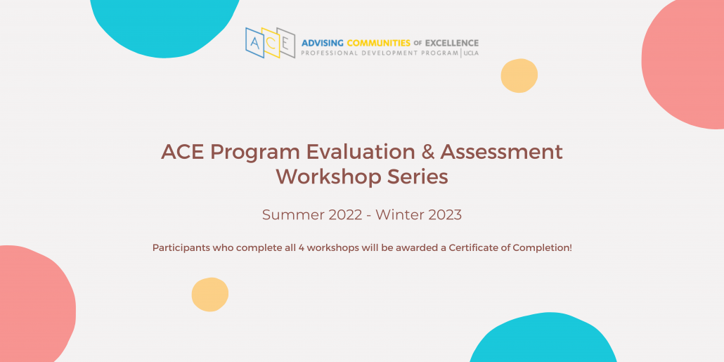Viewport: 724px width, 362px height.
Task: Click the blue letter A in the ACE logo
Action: point(254,43)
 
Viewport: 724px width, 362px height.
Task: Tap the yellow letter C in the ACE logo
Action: point(271,42)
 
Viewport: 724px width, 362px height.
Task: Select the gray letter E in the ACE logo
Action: point(286,44)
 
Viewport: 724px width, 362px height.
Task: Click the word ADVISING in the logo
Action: point(323,44)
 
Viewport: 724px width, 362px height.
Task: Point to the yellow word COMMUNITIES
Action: point(379,44)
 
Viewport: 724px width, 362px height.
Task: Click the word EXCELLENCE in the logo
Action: point(451,44)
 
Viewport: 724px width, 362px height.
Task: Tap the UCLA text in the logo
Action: point(472,53)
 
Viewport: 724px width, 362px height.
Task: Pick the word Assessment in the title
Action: point(501,153)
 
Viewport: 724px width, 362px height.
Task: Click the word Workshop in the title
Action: point(329,177)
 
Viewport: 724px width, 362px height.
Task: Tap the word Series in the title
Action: point(418,177)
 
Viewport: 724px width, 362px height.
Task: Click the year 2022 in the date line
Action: point(345,214)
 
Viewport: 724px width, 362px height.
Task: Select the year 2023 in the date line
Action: point(444,214)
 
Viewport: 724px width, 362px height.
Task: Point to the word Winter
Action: point(399,214)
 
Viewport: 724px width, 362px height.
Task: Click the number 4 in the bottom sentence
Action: point(302,248)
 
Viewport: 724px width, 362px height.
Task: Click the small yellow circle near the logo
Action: point(519,76)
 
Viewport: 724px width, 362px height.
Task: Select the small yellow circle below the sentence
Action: point(210,295)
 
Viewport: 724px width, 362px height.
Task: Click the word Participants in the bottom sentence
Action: point(181,248)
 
